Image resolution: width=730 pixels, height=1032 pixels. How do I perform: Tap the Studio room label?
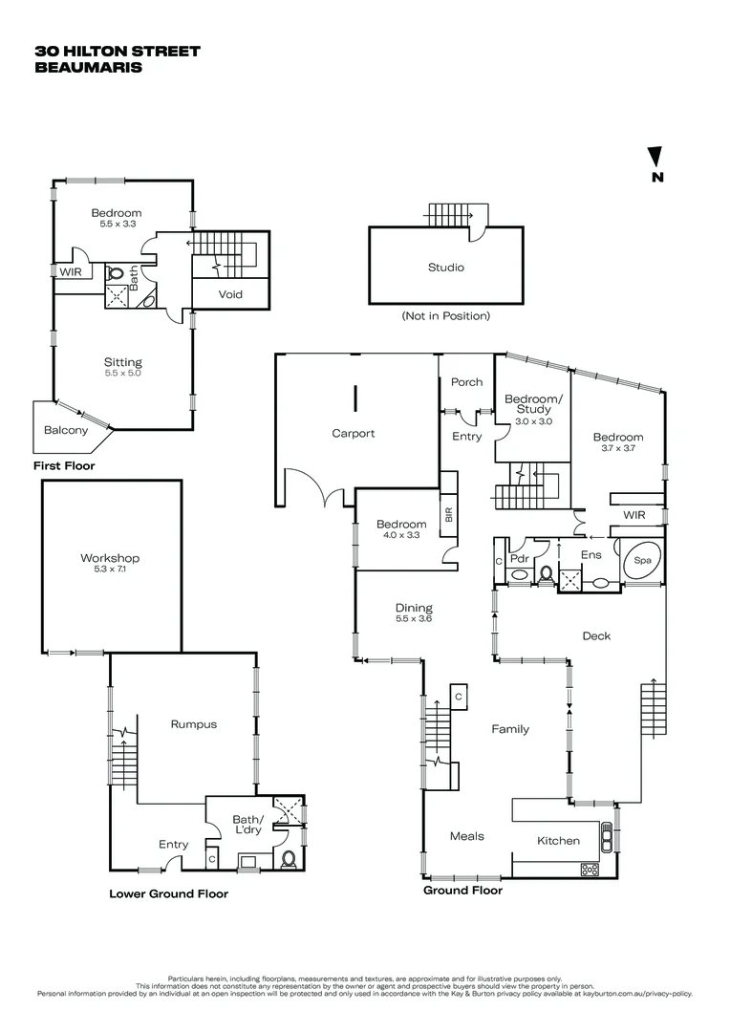[x=445, y=268]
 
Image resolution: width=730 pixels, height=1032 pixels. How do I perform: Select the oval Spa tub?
[x=640, y=561]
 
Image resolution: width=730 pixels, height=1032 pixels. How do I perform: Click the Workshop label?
[x=110, y=558]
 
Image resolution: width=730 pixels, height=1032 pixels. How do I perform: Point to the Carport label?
[x=353, y=433]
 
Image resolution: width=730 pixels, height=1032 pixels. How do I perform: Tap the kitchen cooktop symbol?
[x=590, y=869]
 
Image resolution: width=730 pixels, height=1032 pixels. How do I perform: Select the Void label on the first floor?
[x=230, y=294]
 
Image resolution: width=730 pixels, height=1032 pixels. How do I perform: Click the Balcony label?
[x=66, y=430]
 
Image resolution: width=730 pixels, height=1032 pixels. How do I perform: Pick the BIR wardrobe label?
[x=447, y=514]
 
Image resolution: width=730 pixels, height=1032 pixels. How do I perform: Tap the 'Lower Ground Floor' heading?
[x=168, y=894]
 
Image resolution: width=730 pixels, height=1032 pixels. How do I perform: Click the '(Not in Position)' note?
[x=445, y=315]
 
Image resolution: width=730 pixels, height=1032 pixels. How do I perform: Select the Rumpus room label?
[x=194, y=724]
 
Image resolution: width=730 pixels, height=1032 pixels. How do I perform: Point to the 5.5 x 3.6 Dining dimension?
[x=414, y=618]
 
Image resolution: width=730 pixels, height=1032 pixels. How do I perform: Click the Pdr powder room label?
[x=520, y=558]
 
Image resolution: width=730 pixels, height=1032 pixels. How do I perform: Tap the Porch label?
[x=466, y=382]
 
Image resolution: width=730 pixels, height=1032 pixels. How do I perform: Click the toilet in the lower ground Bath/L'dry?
[x=290, y=858]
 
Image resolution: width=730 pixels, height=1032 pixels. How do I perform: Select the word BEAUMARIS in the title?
[x=88, y=68]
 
